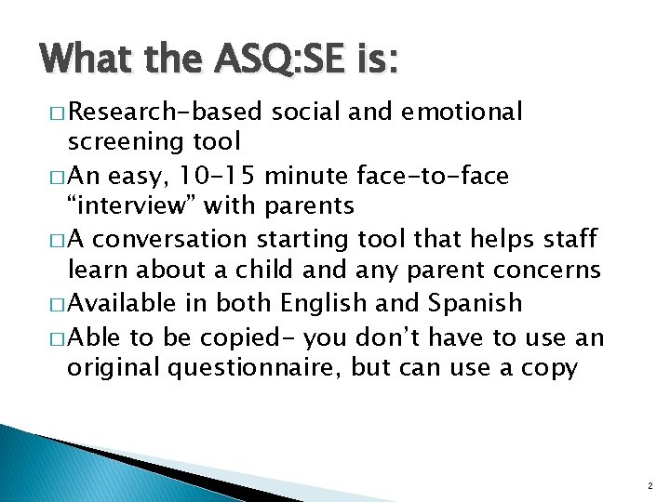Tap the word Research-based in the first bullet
click(167, 112)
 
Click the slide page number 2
click(649, 486)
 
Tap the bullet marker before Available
click(54, 304)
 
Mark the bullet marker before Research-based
click(54, 113)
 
